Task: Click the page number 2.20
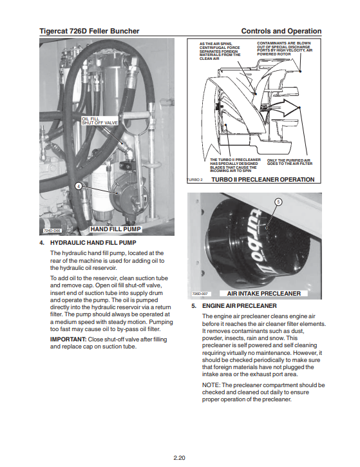click(179, 458)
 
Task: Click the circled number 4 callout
click(79, 186)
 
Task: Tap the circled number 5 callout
click(278, 202)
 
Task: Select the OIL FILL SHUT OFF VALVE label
click(100, 120)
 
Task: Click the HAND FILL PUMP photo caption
click(115, 229)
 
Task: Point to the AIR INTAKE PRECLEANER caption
click(264, 294)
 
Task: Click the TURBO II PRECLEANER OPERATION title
click(263, 180)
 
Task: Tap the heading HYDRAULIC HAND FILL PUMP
click(93, 243)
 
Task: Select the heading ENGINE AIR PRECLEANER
click(240, 306)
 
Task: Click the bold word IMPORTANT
click(68, 339)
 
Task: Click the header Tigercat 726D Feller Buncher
click(90, 31)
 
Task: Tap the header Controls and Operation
click(281, 31)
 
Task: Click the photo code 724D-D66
click(52, 231)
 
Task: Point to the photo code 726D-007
click(200, 294)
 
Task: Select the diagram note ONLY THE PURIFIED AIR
click(289, 162)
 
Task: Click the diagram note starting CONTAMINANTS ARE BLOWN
click(285, 48)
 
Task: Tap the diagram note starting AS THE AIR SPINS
click(220, 52)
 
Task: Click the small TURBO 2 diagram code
click(194, 180)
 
